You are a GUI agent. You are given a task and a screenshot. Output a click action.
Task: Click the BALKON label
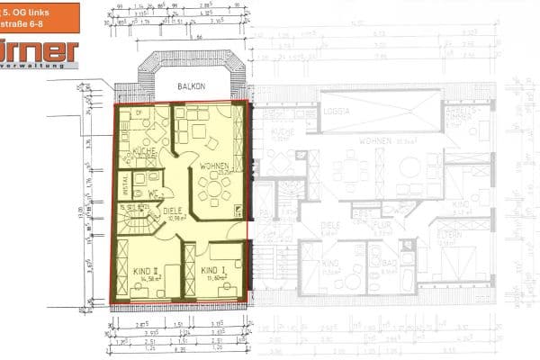192,87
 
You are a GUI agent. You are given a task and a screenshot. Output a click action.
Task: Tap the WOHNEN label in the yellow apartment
214,166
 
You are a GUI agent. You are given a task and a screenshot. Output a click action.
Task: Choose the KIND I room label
213,270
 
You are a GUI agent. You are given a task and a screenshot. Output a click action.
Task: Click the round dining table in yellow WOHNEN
214,187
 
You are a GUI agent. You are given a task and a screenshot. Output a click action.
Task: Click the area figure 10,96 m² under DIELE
176,219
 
